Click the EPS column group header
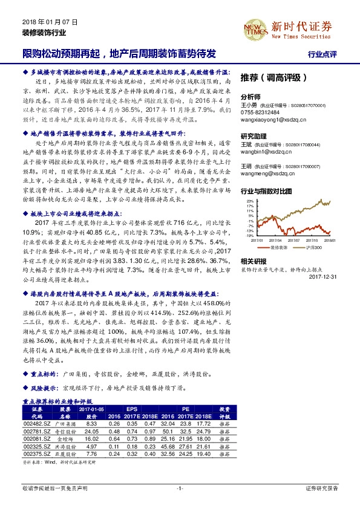click(x=133, y=409)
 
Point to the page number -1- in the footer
click(x=180, y=488)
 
